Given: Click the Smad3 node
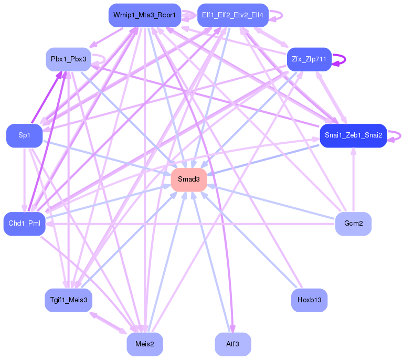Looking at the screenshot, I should (x=189, y=180).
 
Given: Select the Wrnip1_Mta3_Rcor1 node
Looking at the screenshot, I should (x=144, y=15).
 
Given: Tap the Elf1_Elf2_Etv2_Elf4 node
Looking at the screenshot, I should (x=232, y=15).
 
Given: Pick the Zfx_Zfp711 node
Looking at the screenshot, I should (x=309, y=59).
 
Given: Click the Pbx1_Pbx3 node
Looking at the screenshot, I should (x=69, y=59).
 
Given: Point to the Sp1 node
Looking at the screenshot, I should (x=24, y=135).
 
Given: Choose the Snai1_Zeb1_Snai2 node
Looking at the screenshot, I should (x=353, y=135).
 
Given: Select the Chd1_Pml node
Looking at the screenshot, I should (x=24, y=224).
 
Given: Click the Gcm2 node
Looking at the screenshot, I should (x=353, y=224).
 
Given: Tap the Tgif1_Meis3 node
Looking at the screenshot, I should (x=69, y=300).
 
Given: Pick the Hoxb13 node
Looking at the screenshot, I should (x=309, y=300).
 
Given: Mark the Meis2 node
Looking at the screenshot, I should (x=144, y=344).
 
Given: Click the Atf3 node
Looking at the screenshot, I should (x=232, y=344).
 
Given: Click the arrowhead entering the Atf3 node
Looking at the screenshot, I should (x=232, y=329).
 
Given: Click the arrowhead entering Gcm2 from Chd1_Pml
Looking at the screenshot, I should (x=332, y=224).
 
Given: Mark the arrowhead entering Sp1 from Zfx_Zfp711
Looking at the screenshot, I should (x=46, y=129).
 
